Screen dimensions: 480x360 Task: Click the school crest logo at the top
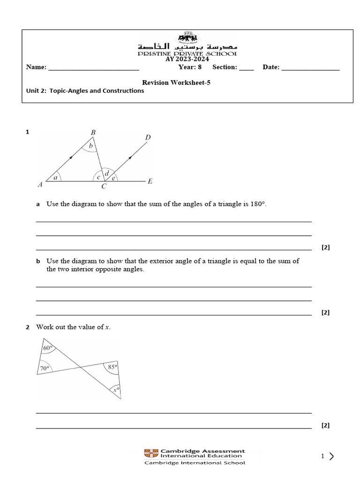pos(187,37)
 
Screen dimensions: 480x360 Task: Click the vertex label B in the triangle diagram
pos(93,133)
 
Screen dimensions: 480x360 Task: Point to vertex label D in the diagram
pos(148,137)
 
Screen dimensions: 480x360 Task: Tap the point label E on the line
pos(150,181)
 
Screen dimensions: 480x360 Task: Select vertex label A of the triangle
pos(40,185)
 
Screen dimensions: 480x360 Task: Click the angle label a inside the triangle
pos(56,178)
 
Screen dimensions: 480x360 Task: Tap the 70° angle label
pos(45,368)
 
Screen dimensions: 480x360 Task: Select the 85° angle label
pos(112,367)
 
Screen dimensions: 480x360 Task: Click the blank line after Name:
pos(94,68)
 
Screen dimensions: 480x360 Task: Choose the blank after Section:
pos(246,68)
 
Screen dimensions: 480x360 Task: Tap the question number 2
pos(27,327)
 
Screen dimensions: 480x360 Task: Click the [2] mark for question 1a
pos(326,247)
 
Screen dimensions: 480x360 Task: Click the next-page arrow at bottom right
pos(332,456)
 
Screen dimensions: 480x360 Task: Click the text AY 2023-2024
pos(187,59)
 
